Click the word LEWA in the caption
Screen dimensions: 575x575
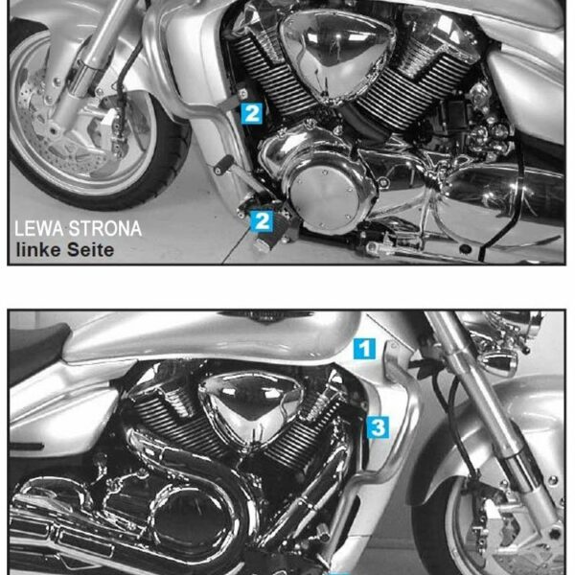point(39,229)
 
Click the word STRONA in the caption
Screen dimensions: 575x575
point(105,229)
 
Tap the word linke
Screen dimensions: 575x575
point(38,250)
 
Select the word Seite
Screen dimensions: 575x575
point(91,250)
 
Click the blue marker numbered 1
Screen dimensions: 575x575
point(364,349)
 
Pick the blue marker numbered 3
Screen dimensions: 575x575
point(379,427)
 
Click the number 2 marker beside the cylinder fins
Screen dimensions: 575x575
point(251,113)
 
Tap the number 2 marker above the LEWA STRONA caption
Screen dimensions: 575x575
point(262,221)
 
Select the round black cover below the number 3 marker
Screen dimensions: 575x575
point(192,520)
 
